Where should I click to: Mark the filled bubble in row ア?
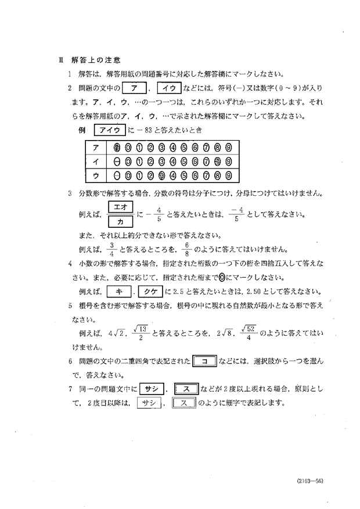(117, 147)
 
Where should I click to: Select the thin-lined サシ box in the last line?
(147, 403)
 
